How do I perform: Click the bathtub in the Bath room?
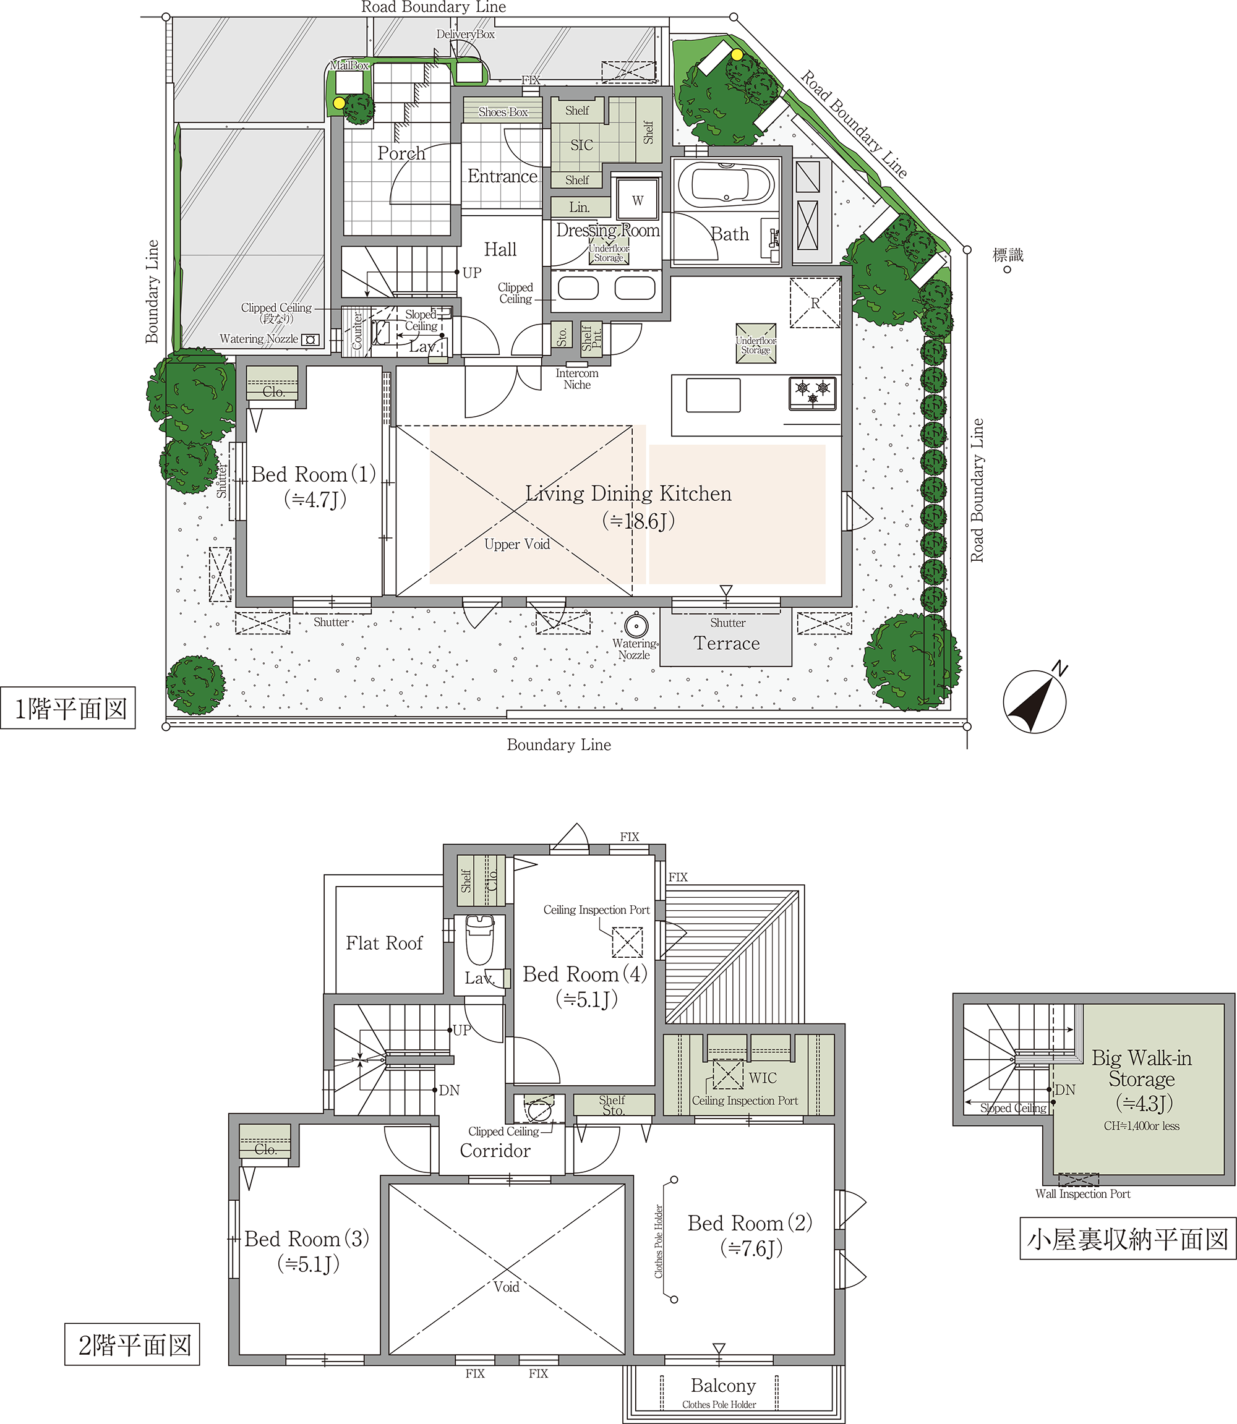(x=726, y=185)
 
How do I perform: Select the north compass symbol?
(x=1035, y=701)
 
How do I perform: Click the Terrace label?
(x=726, y=644)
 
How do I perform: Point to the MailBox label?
(x=349, y=66)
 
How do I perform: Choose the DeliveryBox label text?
(x=465, y=34)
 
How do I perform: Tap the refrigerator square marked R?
(x=815, y=303)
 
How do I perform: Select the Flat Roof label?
(x=384, y=943)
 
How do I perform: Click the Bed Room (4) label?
(x=584, y=974)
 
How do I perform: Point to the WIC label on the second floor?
(x=763, y=1078)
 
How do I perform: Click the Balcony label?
(x=723, y=1386)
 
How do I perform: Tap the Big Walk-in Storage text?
(x=1142, y=1068)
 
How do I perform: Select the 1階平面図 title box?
(x=67, y=708)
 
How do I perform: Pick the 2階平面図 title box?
(x=132, y=1344)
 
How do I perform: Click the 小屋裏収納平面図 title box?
(x=1128, y=1239)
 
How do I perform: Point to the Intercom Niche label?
(x=577, y=379)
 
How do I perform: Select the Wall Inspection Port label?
(x=1082, y=1193)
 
